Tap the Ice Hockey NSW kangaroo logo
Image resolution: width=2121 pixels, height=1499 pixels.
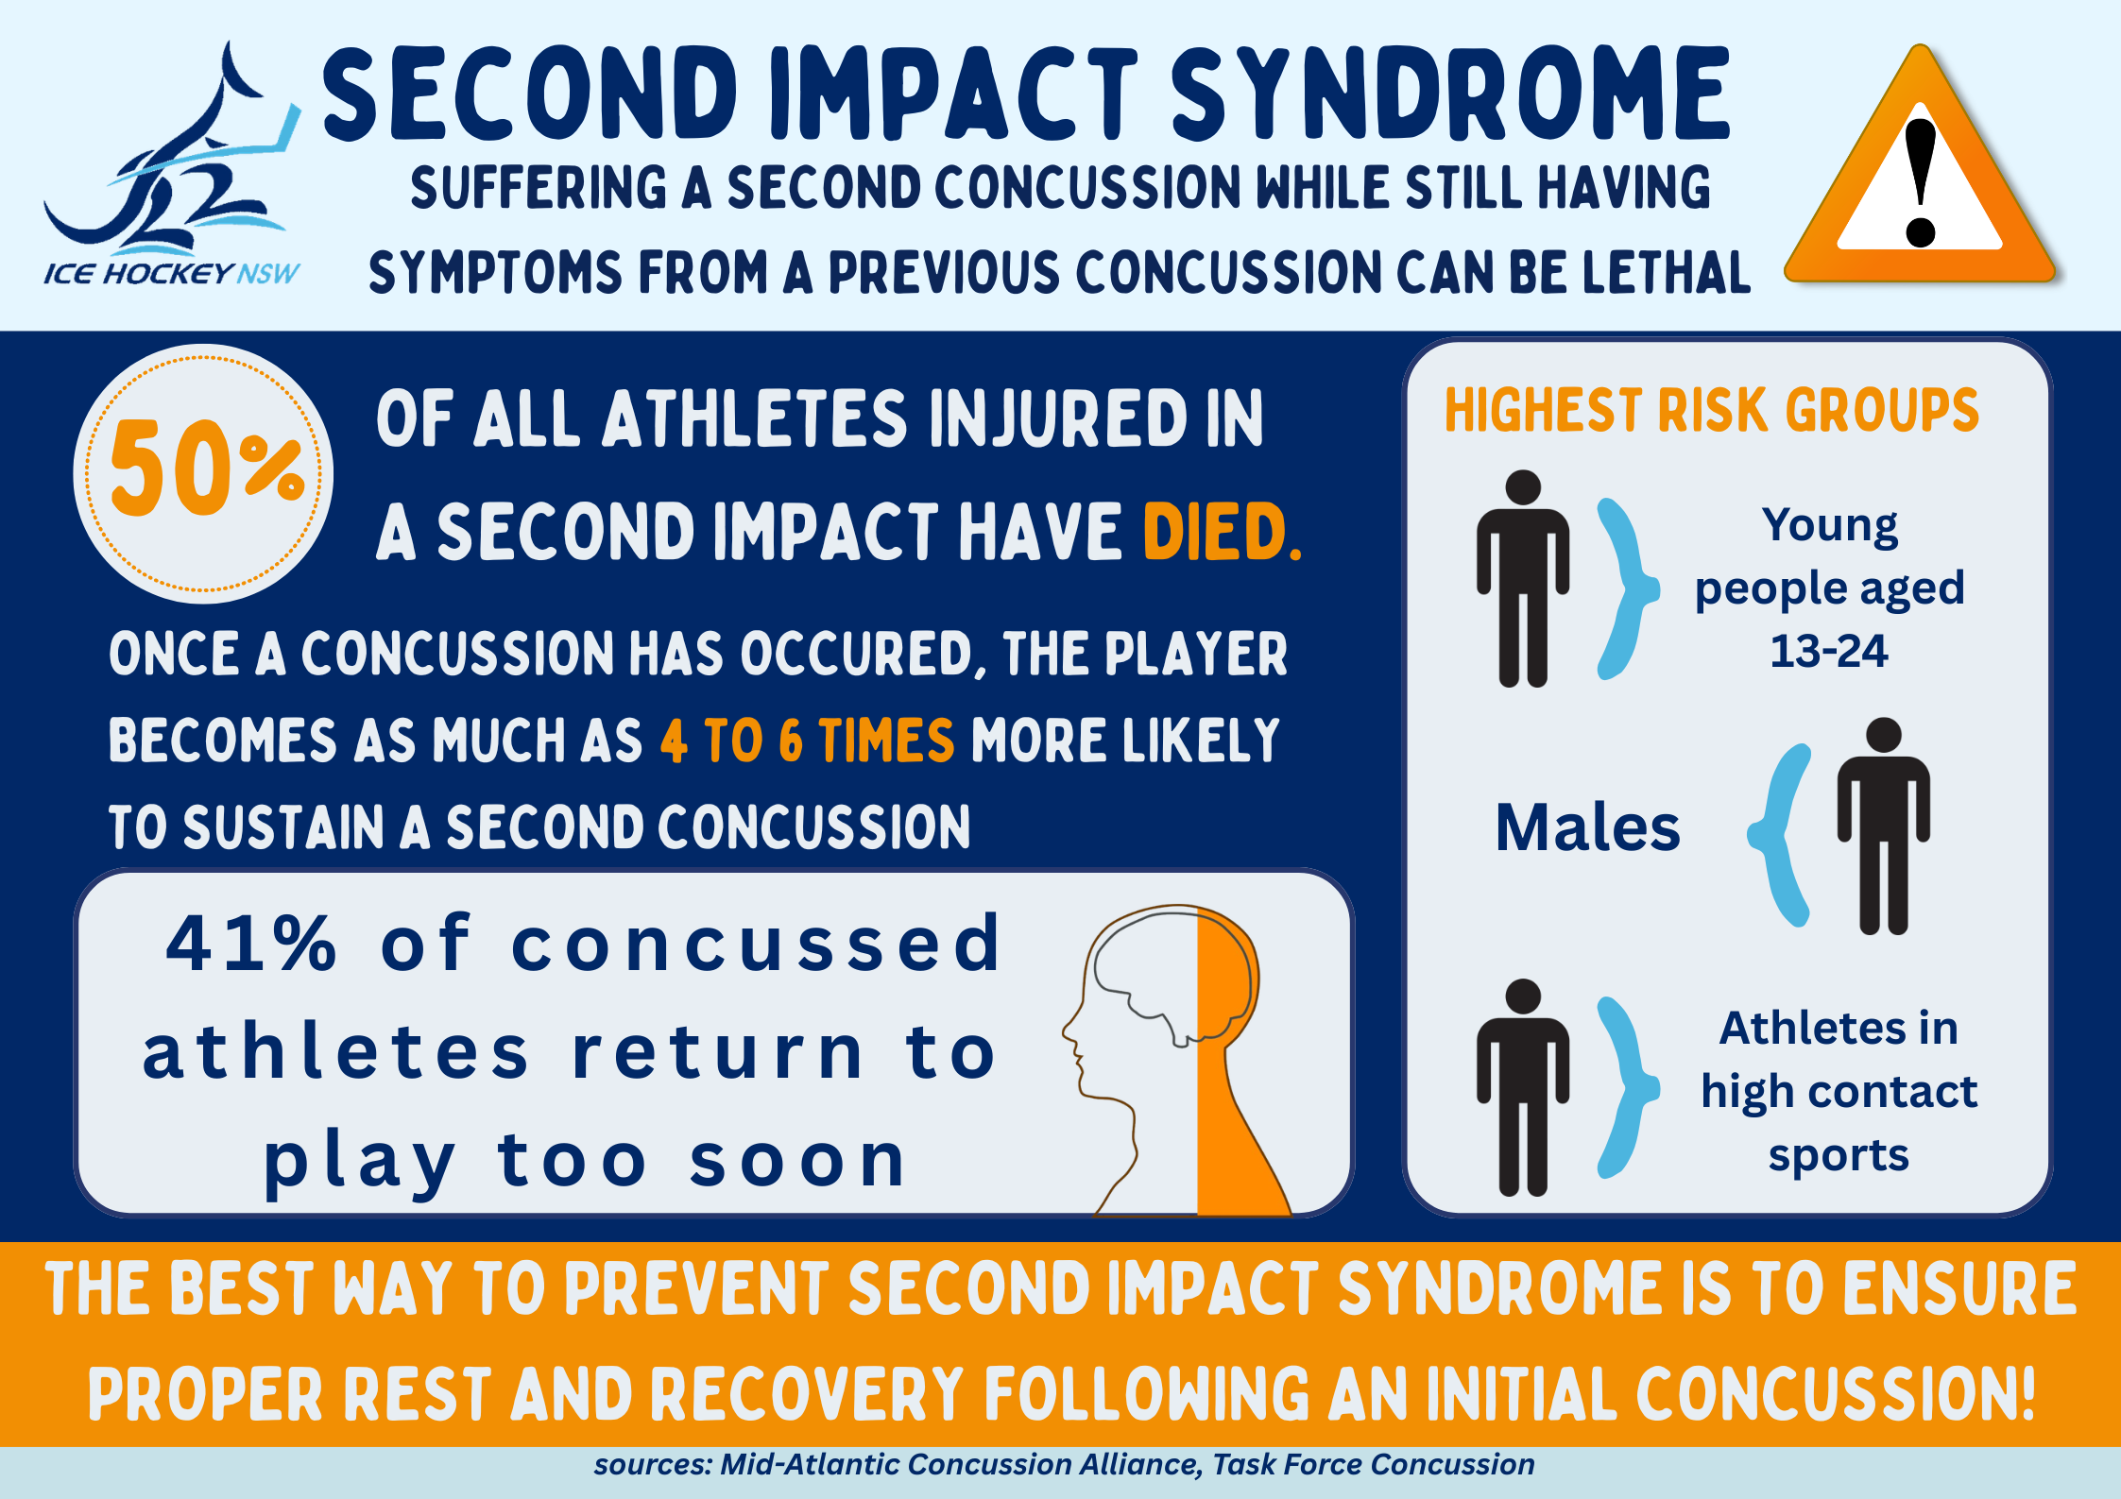point(172,165)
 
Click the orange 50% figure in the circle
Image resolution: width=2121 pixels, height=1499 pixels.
point(207,468)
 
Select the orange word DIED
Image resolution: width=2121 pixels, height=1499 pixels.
point(1222,532)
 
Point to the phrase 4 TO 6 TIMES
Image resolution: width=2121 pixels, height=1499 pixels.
point(807,741)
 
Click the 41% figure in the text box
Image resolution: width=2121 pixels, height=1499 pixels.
point(250,943)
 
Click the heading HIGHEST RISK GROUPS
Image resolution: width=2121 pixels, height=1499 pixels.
point(1711,410)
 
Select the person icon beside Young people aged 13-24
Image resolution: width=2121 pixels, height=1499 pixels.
point(1523,578)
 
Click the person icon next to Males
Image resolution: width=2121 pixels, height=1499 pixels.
point(1884,826)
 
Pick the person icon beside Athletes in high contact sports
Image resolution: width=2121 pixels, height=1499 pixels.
point(1523,1087)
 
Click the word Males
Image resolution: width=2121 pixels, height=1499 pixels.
point(1588,827)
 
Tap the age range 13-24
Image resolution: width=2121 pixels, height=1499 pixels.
point(1829,651)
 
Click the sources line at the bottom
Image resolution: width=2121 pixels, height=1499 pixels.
point(1064,1464)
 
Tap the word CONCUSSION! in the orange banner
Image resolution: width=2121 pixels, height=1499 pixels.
point(1835,1393)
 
